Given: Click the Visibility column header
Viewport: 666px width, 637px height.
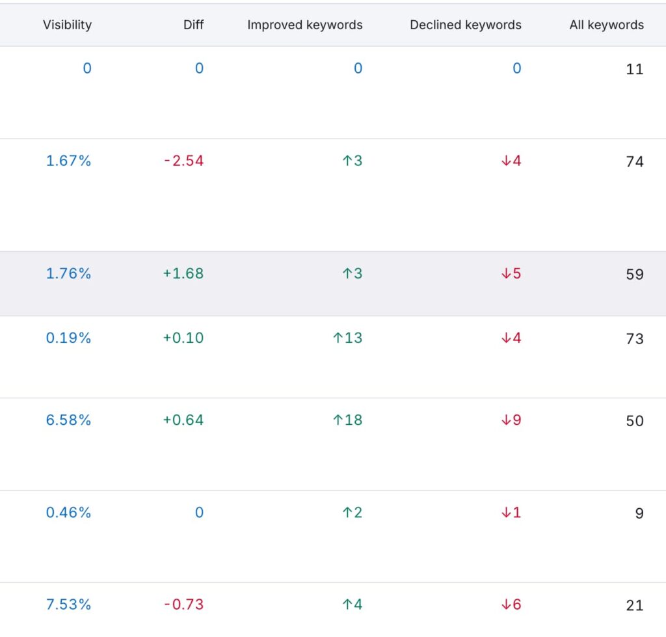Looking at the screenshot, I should pos(67,25).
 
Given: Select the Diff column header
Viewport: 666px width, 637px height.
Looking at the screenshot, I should pos(193,25).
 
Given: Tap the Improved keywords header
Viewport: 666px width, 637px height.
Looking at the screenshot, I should pos(304,25).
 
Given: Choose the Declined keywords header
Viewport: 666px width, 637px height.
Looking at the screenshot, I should pos(465,25).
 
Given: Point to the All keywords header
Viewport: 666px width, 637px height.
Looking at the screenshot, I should pos(606,25).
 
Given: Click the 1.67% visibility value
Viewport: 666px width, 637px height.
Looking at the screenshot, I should pos(68,161).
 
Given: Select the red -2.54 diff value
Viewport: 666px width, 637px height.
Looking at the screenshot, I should pos(183,161).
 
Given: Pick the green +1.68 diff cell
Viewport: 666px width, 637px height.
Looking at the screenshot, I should pos(183,273).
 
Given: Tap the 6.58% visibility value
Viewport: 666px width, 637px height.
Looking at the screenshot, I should pos(68,420).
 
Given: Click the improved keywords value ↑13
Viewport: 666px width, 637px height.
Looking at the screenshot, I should pos(347,338).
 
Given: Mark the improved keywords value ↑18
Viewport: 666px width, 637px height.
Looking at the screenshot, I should pos(347,420).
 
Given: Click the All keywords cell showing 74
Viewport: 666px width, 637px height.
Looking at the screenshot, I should pos(634,162).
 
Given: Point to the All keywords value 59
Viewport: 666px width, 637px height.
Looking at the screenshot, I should pos(634,275).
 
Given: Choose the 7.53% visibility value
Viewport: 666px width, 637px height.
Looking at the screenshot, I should pos(68,604).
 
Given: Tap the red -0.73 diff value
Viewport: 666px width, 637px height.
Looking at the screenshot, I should pos(183,604).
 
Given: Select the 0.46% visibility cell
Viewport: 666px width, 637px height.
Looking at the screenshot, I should pos(68,513).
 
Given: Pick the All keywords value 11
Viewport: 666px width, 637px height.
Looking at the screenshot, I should pos(634,70).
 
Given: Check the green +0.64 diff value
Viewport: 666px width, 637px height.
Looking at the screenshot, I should pos(183,420).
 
